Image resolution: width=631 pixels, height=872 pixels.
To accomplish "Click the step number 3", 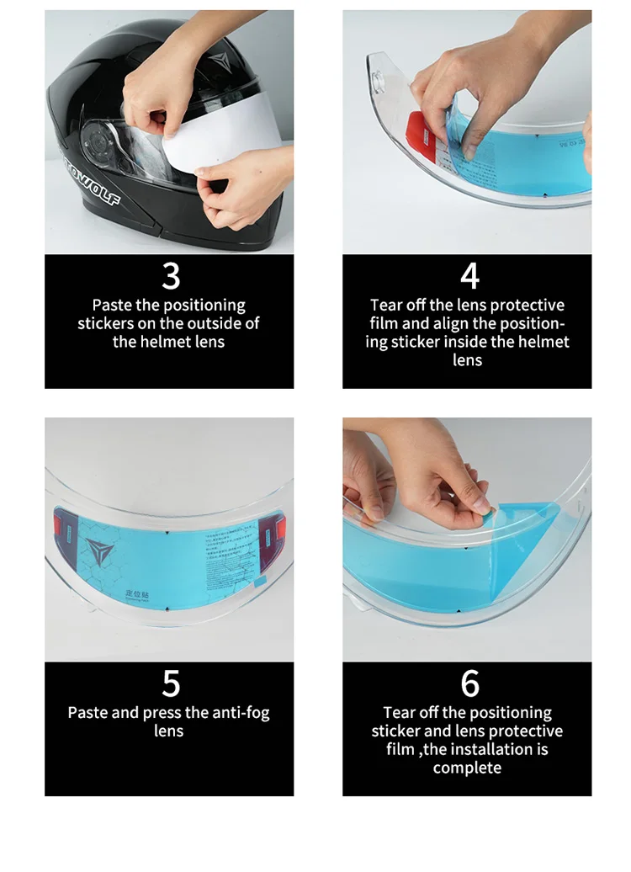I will (x=171, y=276).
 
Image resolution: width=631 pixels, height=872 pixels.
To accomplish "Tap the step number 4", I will (x=469, y=276).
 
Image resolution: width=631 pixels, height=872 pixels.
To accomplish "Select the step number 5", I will (x=171, y=683).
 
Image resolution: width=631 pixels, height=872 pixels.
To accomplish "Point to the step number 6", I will (x=469, y=683).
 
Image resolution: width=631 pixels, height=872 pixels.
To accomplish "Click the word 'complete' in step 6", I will (x=467, y=768).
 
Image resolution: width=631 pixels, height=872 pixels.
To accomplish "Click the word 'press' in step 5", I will (x=162, y=713).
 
